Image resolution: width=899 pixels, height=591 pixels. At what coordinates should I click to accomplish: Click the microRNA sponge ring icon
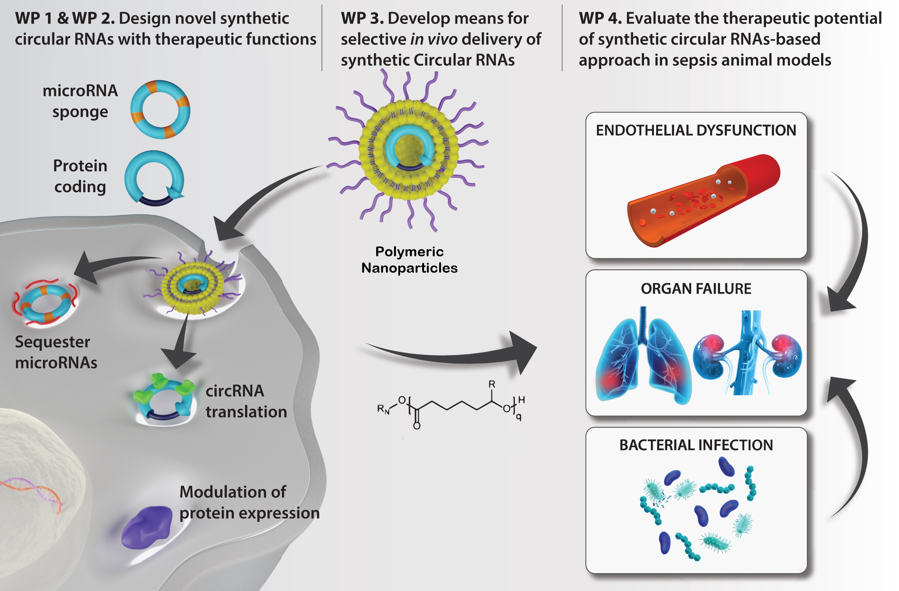(160, 109)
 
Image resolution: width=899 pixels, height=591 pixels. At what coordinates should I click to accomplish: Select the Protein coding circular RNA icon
(154, 178)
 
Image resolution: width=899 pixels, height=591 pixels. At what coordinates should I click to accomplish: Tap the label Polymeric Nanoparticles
(409, 260)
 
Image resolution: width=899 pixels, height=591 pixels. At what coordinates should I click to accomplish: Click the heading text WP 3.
(362, 18)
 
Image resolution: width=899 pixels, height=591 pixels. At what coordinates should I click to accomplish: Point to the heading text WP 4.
(600, 18)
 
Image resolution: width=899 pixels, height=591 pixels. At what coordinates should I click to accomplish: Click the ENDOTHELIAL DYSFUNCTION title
(696, 131)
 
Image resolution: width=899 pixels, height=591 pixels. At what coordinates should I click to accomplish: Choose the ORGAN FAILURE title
(696, 289)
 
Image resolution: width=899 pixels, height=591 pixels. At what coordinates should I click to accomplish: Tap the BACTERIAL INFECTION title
(696, 445)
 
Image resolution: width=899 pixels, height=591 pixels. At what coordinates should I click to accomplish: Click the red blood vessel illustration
(703, 199)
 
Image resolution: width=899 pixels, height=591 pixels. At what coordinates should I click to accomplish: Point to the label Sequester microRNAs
(56, 352)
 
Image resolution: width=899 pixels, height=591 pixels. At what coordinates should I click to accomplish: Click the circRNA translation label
(246, 401)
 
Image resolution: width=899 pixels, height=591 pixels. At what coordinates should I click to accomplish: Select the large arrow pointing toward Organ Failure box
(452, 351)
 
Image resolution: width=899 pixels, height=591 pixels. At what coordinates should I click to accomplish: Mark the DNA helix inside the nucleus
(32, 492)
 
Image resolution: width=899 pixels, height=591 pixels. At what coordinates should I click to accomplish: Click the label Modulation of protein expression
(249, 502)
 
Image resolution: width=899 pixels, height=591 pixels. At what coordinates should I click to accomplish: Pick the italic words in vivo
(434, 39)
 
